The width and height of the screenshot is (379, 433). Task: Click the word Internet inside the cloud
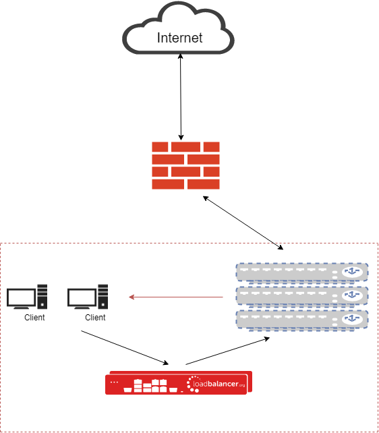(x=179, y=38)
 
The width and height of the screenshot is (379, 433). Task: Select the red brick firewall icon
(x=185, y=165)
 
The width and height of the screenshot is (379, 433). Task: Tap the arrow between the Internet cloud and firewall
(x=181, y=97)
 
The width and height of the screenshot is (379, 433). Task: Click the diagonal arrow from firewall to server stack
(x=243, y=223)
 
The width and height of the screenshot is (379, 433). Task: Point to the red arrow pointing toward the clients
(x=176, y=297)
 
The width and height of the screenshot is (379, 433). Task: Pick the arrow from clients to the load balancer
(x=125, y=347)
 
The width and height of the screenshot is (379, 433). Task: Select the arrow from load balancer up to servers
(x=228, y=351)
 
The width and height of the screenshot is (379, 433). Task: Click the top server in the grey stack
(x=302, y=272)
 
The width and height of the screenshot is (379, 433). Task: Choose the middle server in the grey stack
(x=302, y=296)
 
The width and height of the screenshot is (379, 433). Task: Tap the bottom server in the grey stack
(x=302, y=320)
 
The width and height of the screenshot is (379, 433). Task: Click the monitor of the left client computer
(x=22, y=298)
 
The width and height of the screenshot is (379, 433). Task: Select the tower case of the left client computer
(x=42, y=297)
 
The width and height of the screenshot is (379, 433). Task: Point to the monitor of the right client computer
(x=82, y=298)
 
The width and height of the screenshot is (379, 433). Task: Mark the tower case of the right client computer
(x=103, y=297)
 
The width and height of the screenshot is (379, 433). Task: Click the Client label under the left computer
(x=34, y=318)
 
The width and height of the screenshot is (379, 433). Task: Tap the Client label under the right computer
(x=95, y=318)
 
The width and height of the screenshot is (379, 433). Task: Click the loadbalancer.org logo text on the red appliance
(x=218, y=384)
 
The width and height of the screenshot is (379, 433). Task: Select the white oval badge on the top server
(x=352, y=272)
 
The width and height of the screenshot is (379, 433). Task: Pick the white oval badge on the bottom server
(x=352, y=319)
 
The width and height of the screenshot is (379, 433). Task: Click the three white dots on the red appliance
(x=114, y=382)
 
